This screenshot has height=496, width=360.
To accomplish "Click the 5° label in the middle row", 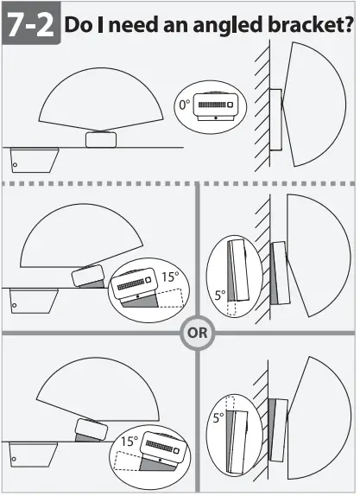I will (x=219, y=295).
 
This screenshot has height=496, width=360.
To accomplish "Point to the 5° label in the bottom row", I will (x=219, y=418).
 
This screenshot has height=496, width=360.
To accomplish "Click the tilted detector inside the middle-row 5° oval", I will (x=239, y=270).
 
